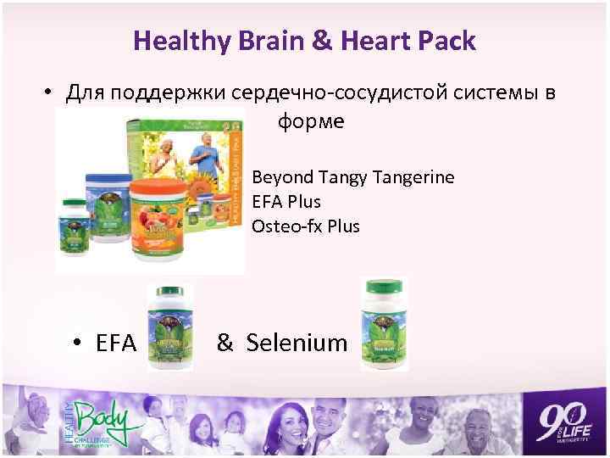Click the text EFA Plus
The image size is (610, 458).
(x=286, y=202)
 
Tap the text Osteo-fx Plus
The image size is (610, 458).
(x=306, y=226)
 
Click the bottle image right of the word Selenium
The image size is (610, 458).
(x=385, y=325)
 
